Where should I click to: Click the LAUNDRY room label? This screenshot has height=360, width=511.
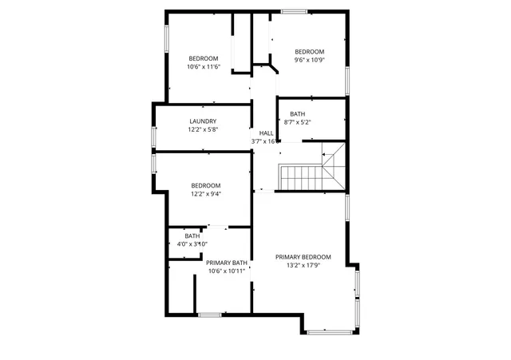click(x=203, y=121)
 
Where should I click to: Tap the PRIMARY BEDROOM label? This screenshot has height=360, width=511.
click(x=303, y=257)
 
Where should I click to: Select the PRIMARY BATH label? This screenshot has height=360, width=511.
click(x=227, y=263)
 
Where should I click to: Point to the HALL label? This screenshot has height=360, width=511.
click(x=266, y=133)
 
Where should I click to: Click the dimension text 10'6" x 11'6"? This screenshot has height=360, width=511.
click(x=203, y=66)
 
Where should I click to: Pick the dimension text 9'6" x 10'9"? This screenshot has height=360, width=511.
click(x=309, y=60)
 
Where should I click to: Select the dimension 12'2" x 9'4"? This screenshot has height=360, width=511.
click(x=206, y=193)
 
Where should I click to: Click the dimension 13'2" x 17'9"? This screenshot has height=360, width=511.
click(x=303, y=265)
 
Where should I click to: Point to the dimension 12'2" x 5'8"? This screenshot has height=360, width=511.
click(x=203, y=129)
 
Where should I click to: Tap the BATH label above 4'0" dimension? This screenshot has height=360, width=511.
click(x=192, y=236)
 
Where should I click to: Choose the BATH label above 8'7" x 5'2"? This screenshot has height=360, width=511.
click(x=298, y=114)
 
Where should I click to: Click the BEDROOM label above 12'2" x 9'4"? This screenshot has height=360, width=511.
click(x=206, y=185)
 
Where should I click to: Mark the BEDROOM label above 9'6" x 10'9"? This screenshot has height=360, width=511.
click(x=309, y=52)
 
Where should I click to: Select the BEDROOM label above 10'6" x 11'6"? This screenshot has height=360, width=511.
click(x=203, y=58)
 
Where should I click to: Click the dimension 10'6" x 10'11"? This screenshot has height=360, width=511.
click(x=227, y=271)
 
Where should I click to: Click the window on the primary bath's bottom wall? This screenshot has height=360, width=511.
click(x=210, y=315)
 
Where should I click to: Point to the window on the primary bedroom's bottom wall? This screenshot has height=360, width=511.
click(x=328, y=331)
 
